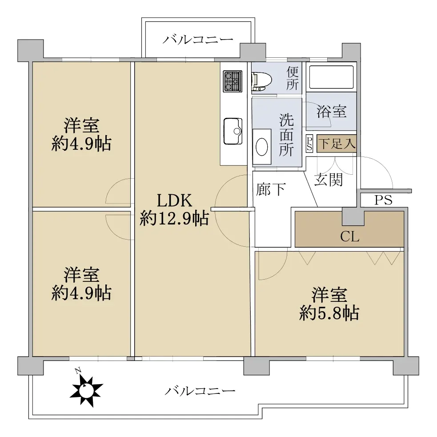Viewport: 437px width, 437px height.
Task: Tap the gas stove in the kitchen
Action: [x=233, y=81]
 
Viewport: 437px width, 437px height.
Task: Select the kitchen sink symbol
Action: [x=233, y=131]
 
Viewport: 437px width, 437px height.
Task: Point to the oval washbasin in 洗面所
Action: [x=262, y=147]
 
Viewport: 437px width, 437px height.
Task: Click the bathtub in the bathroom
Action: [x=331, y=77]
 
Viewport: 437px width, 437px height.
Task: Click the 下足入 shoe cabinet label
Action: [x=337, y=144]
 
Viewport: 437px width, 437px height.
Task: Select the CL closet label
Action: [x=349, y=237]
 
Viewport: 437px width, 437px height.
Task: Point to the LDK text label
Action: [x=174, y=200]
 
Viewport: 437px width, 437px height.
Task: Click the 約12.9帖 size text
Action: [x=174, y=218]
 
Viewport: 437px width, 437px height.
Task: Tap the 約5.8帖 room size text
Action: [x=329, y=313]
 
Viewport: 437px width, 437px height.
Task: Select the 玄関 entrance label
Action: [x=329, y=180]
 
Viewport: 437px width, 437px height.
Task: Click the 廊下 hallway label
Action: [x=271, y=189]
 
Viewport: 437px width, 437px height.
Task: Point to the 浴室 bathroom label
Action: [x=331, y=111]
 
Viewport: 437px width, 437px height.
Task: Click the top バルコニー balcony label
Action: [x=197, y=40]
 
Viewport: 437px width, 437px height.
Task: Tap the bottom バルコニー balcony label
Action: [x=200, y=391]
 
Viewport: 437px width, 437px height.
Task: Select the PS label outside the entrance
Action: [x=383, y=200]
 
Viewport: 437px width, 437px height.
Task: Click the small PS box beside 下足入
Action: [x=309, y=143]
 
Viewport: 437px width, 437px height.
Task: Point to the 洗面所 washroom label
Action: [x=286, y=135]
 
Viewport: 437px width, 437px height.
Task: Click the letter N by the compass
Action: [x=78, y=371]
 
